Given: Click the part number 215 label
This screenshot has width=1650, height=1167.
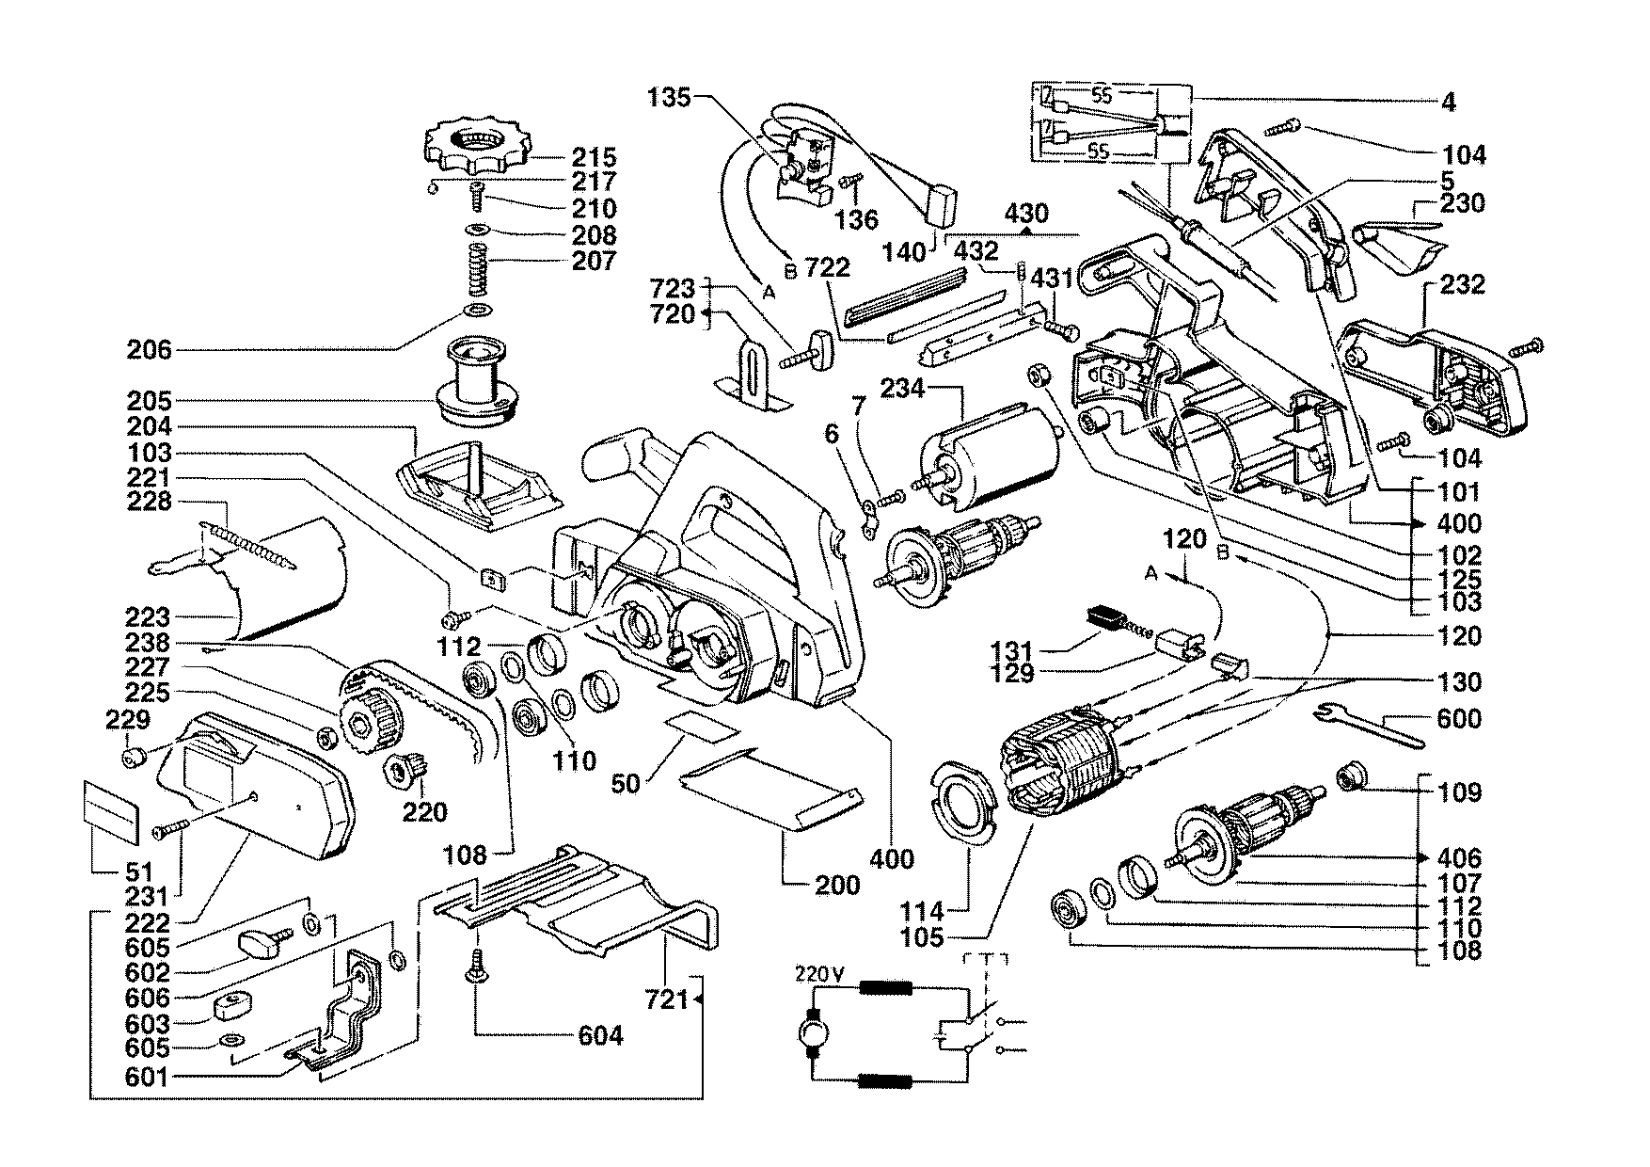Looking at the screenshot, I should click(x=596, y=157).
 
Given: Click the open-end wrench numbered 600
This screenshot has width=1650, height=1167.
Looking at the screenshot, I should click(x=1370, y=724).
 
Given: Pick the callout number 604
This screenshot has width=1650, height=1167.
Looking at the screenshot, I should click(x=600, y=1036).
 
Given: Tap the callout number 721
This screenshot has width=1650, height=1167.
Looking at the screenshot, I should click(x=667, y=999).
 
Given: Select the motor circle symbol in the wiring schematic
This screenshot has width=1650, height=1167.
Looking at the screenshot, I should click(x=809, y=1036).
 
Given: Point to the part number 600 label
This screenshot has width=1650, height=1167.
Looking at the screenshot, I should click(x=1460, y=719).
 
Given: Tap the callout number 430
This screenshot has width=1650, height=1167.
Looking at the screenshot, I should click(x=1026, y=214).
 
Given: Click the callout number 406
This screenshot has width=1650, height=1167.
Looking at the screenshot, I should click(x=1460, y=858).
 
